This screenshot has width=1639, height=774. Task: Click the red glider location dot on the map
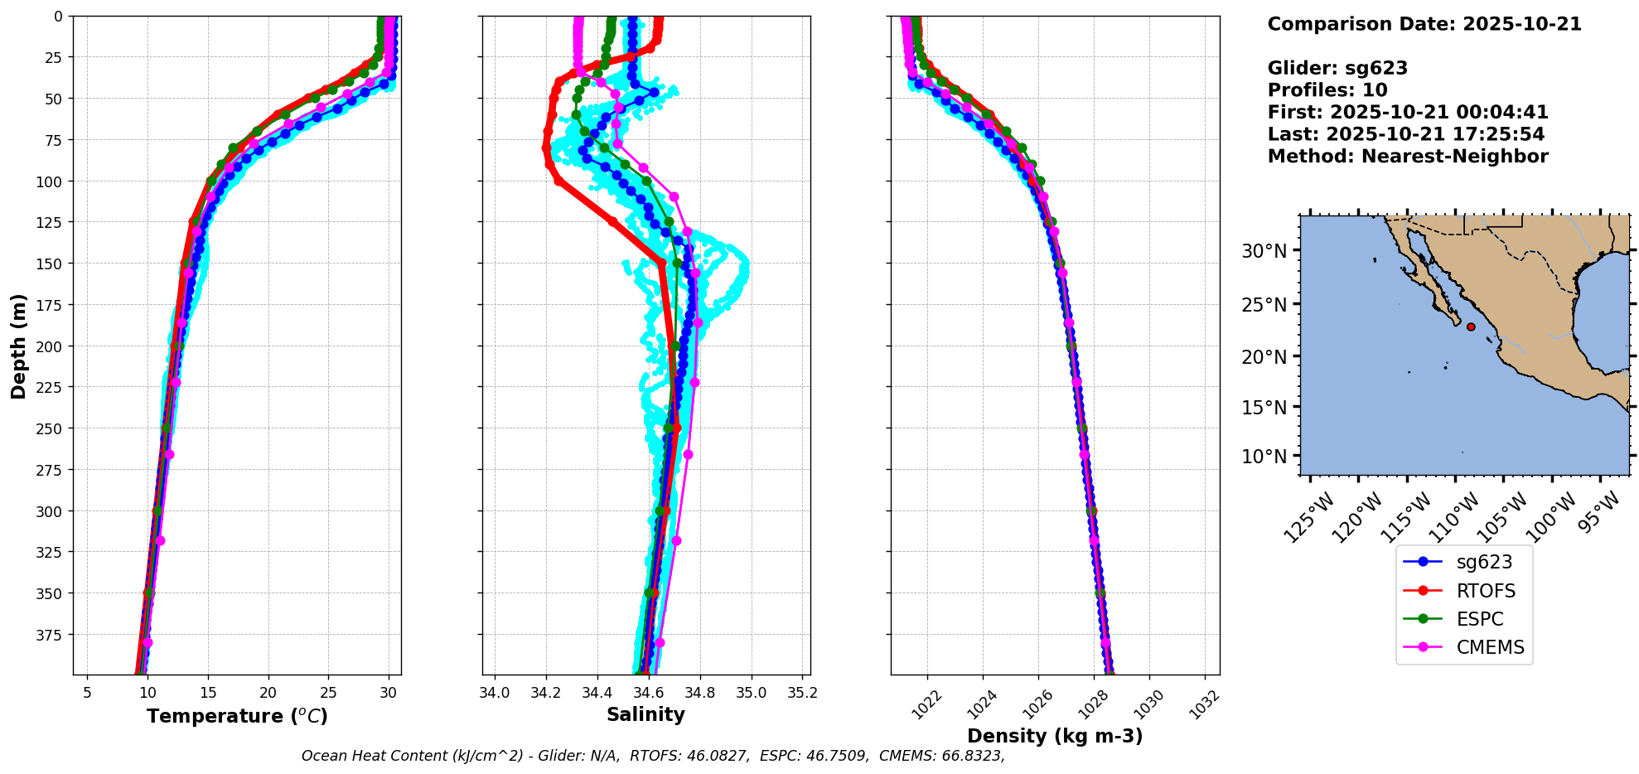(x=1471, y=327)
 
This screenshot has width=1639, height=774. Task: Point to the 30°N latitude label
(x=1264, y=251)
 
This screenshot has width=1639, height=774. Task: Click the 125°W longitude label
(x=1309, y=518)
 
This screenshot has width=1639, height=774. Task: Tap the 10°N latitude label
(x=1264, y=457)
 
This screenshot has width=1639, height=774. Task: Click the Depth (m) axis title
(x=18, y=346)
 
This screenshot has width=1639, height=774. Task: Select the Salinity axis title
(x=645, y=714)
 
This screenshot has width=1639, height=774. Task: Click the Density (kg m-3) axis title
(x=1055, y=736)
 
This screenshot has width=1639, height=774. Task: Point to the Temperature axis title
(x=237, y=716)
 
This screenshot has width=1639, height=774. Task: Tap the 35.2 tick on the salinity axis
(x=802, y=693)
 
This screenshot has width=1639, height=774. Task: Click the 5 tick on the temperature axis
(x=87, y=693)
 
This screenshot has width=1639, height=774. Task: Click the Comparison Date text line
(x=1424, y=24)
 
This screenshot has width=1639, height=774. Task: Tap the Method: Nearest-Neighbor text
(x=1408, y=157)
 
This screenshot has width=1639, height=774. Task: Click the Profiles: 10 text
(x=1327, y=90)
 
